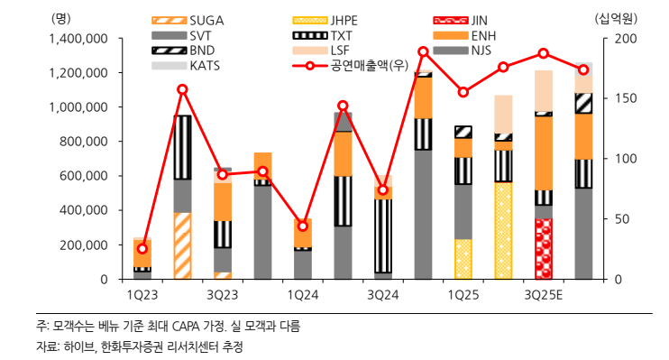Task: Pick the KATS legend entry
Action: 205,66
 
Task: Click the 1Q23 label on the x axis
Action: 142,294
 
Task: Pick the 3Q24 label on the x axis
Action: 382,294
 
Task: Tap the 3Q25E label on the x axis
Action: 543,294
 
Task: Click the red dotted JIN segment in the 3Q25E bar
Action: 544,248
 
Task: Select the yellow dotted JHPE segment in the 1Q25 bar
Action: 463,259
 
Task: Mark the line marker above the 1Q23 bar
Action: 142,248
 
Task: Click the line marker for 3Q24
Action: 383,190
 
